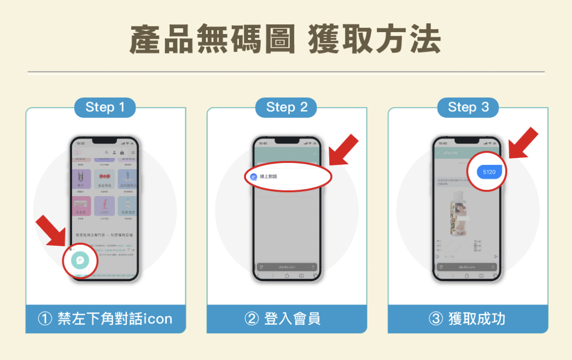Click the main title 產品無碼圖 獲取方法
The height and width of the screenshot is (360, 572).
(286, 39)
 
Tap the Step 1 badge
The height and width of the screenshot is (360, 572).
(105, 108)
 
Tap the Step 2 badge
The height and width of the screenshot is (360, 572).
(286, 108)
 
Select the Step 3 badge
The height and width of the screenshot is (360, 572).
(467, 108)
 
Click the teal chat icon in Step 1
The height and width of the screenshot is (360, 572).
(80, 260)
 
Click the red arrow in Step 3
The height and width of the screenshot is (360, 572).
(523, 143)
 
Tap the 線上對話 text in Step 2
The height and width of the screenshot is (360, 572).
(268, 177)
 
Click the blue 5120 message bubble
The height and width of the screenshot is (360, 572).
(488, 172)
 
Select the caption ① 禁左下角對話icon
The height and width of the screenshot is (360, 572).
(105, 319)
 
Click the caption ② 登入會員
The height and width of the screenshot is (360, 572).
(286, 319)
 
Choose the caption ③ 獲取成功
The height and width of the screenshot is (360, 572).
(467, 319)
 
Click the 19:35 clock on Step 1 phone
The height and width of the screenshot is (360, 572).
(80, 144)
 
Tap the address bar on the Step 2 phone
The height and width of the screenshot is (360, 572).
(286, 267)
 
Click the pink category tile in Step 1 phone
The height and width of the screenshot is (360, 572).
(81, 206)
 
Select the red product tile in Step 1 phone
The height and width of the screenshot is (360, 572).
(105, 179)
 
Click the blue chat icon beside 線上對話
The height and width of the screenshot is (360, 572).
(253, 177)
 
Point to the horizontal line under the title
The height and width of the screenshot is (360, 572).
(286, 72)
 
